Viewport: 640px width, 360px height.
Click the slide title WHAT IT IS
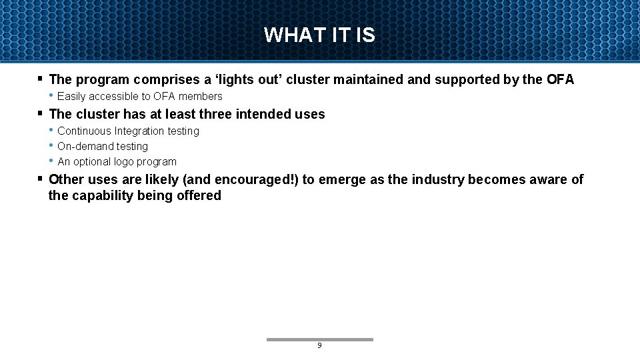click(x=319, y=35)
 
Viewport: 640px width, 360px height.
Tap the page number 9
click(x=319, y=346)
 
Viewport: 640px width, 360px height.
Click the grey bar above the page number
click(x=319, y=339)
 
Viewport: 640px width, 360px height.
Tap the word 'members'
click(x=200, y=97)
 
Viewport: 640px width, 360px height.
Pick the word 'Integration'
click(x=139, y=131)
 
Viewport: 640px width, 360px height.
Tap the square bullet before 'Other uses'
click(x=41, y=179)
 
